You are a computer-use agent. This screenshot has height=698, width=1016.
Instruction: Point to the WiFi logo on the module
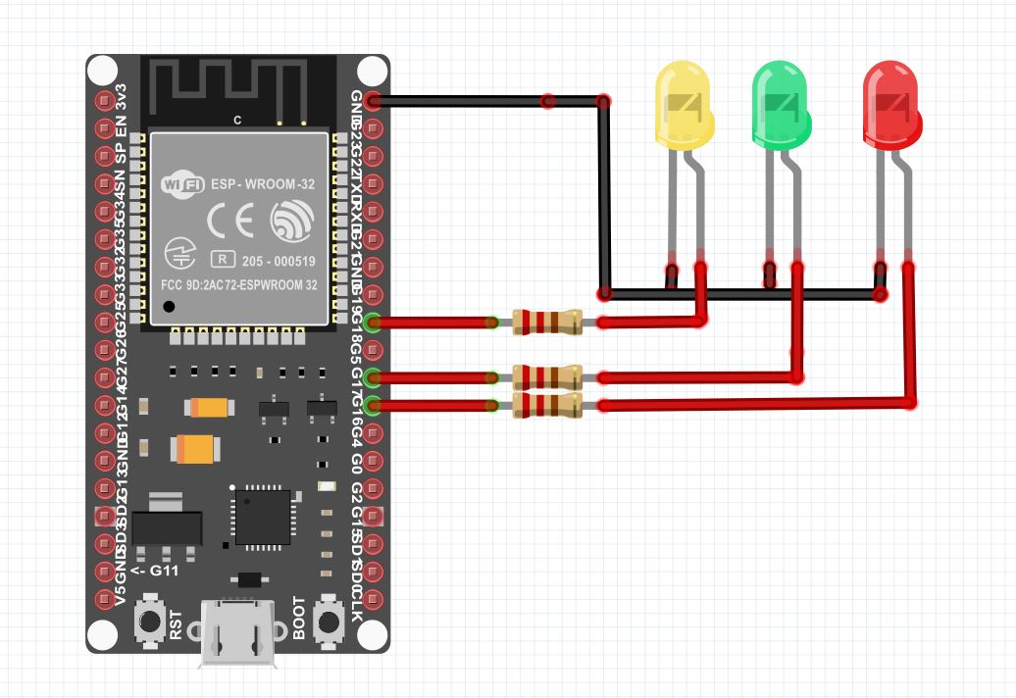click(x=181, y=183)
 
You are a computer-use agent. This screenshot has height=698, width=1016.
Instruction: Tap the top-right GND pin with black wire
click(x=372, y=101)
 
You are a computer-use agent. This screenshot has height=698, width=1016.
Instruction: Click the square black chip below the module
click(x=262, y=515)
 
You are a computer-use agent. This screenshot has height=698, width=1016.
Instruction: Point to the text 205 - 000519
click(x=279, y=261)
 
